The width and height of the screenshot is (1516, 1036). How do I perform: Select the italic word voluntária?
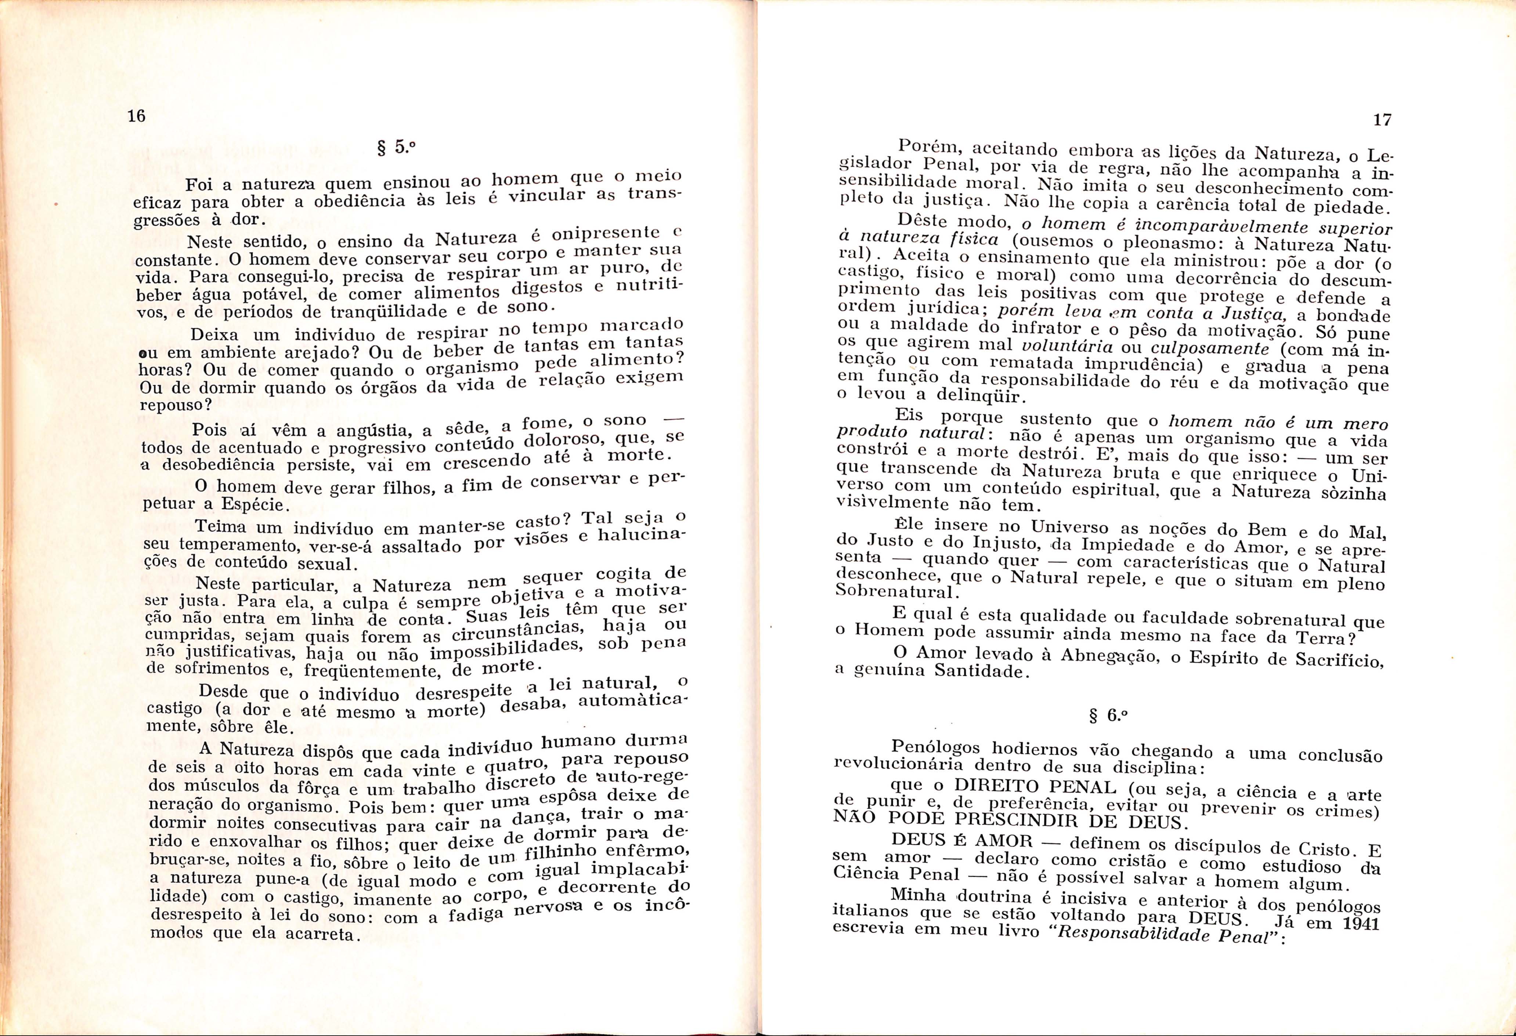click(x=1063, y=345)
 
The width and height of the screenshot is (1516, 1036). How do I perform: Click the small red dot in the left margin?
click(x=57, y=204)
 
